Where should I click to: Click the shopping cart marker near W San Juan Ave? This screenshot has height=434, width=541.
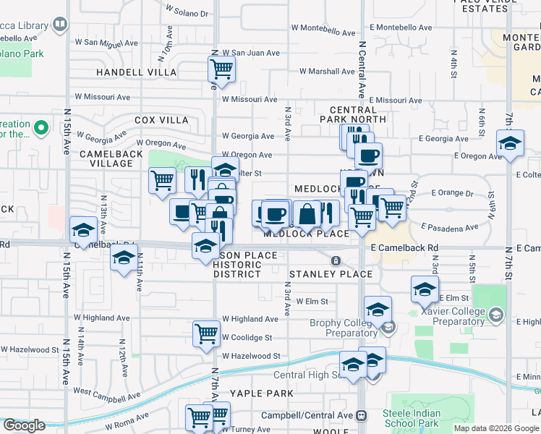pyautogui.click(x=221, y=70)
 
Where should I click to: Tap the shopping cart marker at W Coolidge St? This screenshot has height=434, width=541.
pyautogui.click(x=206, y=334)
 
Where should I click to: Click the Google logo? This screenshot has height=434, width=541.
pyautogui.click(x=24, y=425)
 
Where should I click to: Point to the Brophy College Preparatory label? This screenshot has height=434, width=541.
pyautogui.click(x=342, y=328)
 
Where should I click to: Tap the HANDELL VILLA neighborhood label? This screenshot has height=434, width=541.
pyautogui.click(x=137, y=72)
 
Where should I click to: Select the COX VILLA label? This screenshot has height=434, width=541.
pyautogui.click(x=161, y=120)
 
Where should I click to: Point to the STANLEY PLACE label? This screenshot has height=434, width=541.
pyautogui.click(x=331, y=274)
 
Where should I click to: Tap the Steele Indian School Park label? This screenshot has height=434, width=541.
pyautogui.click(x=412, y=418)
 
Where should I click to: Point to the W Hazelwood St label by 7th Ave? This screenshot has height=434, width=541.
pyautogui.click(x=250, y=356)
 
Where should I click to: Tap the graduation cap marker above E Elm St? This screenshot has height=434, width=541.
pyautogui.click(x=425, y=289)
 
